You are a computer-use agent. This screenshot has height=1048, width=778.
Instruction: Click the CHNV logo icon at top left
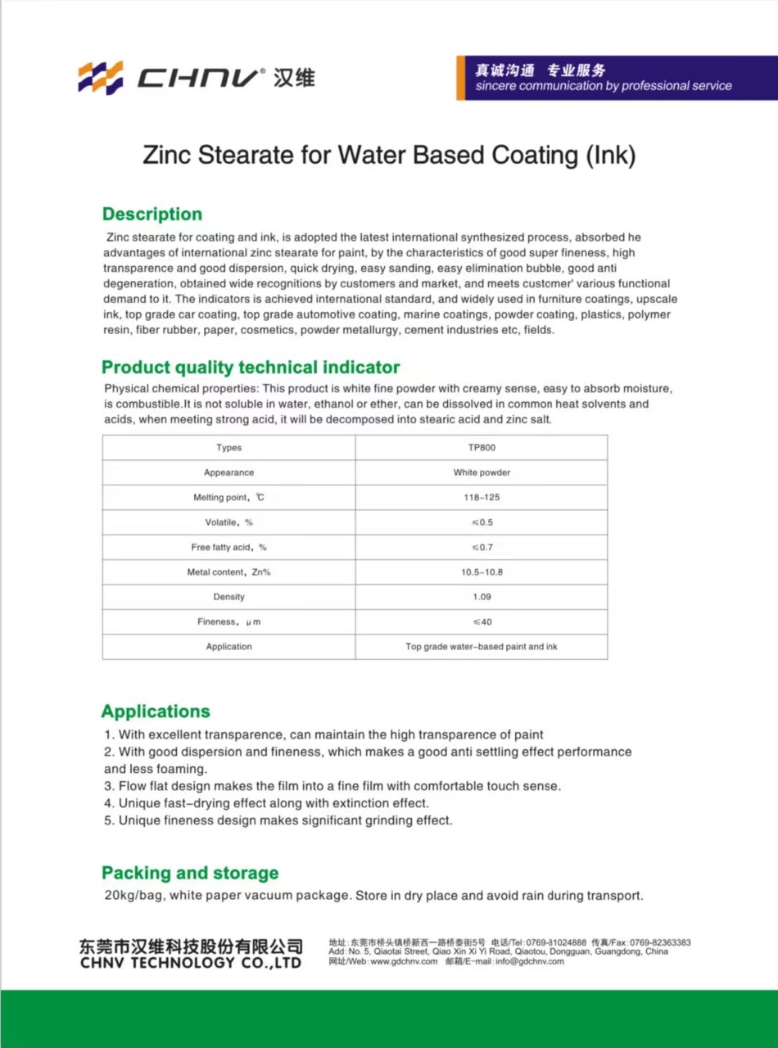click(x=100, y=77)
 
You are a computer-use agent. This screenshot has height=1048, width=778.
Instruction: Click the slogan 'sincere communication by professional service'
click(x=604, y=86)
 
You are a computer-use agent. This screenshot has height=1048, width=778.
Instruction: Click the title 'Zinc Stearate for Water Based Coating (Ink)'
click(x=389, y=155)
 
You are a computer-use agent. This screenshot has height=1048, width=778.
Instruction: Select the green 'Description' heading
click(x=152, y=215)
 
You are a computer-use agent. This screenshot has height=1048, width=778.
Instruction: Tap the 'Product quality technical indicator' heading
click(x=251, y=367)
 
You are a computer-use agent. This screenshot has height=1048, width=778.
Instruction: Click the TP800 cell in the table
click(x=482, y=448)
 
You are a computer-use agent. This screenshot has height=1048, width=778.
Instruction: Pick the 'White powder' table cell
click(x=482, y=472)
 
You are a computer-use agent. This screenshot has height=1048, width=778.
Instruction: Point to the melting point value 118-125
click(x=482, y=498)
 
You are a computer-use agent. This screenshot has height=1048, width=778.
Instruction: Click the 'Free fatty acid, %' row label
click(x=229, y=547)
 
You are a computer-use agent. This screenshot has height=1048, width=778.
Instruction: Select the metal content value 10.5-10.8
click(x=482, y=572)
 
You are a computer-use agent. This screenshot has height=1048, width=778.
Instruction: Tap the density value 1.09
click(x=482, y=597)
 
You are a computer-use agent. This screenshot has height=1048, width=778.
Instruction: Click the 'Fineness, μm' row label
click(x=229, y=622)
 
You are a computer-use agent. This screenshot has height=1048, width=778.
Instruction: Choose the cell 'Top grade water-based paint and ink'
click(x=482, y=647)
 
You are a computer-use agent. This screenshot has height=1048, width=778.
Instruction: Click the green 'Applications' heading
click(x=156, y=711)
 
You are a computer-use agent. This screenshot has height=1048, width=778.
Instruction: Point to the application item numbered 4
click(x=267, y=803)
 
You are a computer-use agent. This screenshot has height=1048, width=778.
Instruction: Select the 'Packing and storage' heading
click(x=190, y=873)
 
